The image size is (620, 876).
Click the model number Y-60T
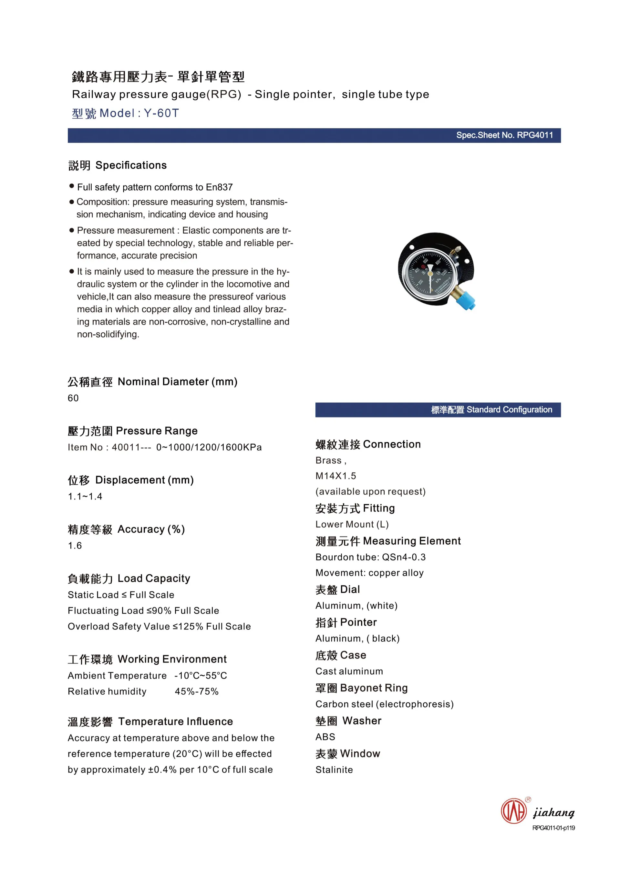coord(161,113)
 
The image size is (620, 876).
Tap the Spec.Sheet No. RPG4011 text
coord(504,135)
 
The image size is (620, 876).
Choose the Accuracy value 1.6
coord(75,546)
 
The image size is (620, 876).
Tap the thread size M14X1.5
coord(336,476)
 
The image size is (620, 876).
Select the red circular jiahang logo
coord(513,811)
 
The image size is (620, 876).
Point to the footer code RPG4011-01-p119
coord(553,828)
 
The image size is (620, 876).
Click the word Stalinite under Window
coord(334,770)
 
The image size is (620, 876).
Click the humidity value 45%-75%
coord(197,691)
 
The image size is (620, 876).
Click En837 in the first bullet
coord(219,187)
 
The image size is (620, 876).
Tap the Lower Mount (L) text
coord(352,524)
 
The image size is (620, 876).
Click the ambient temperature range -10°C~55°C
coord(201,676)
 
